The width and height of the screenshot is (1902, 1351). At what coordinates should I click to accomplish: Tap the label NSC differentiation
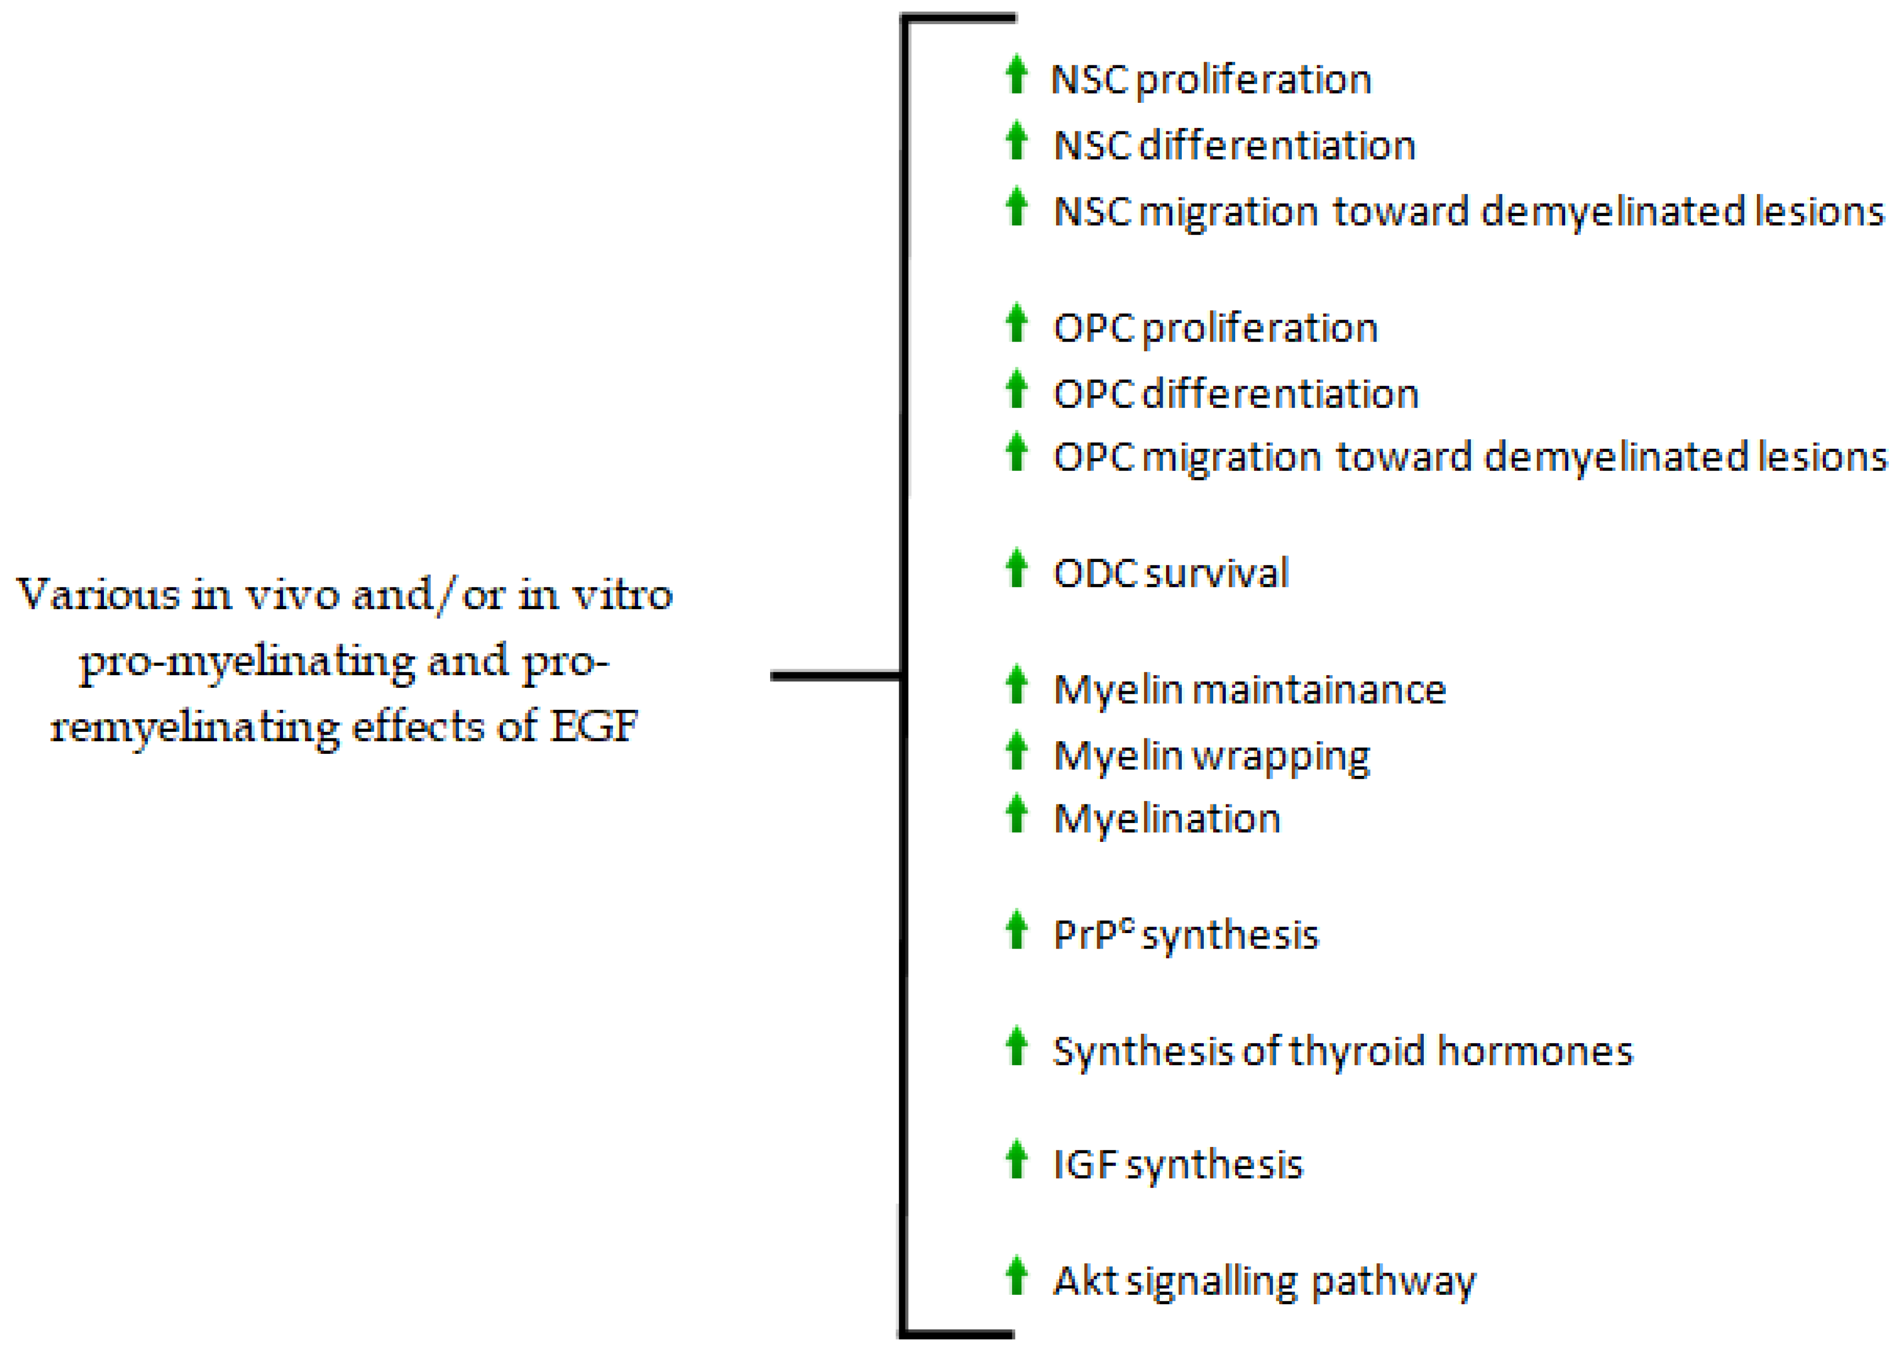click(1234, 146)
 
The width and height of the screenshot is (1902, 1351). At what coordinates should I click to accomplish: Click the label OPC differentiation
click(1236, 394)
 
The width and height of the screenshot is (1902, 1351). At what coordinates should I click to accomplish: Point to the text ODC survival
click(1171, 573)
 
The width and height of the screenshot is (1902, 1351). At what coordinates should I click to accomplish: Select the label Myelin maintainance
click(1249, 690)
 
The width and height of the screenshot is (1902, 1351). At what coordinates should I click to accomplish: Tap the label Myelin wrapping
click(1211, 756)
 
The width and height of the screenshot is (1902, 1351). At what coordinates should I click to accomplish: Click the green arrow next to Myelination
click(1015, 814)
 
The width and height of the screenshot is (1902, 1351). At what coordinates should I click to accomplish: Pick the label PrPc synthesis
click(1185, 935)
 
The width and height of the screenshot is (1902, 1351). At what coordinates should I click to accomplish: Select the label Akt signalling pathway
click(1264, 1281)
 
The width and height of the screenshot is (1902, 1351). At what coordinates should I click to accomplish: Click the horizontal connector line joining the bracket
click(836, 676)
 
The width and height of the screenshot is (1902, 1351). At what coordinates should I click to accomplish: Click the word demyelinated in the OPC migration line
click(1616, 457)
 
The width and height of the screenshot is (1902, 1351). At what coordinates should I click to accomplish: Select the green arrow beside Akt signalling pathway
click(1015, 1276)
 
